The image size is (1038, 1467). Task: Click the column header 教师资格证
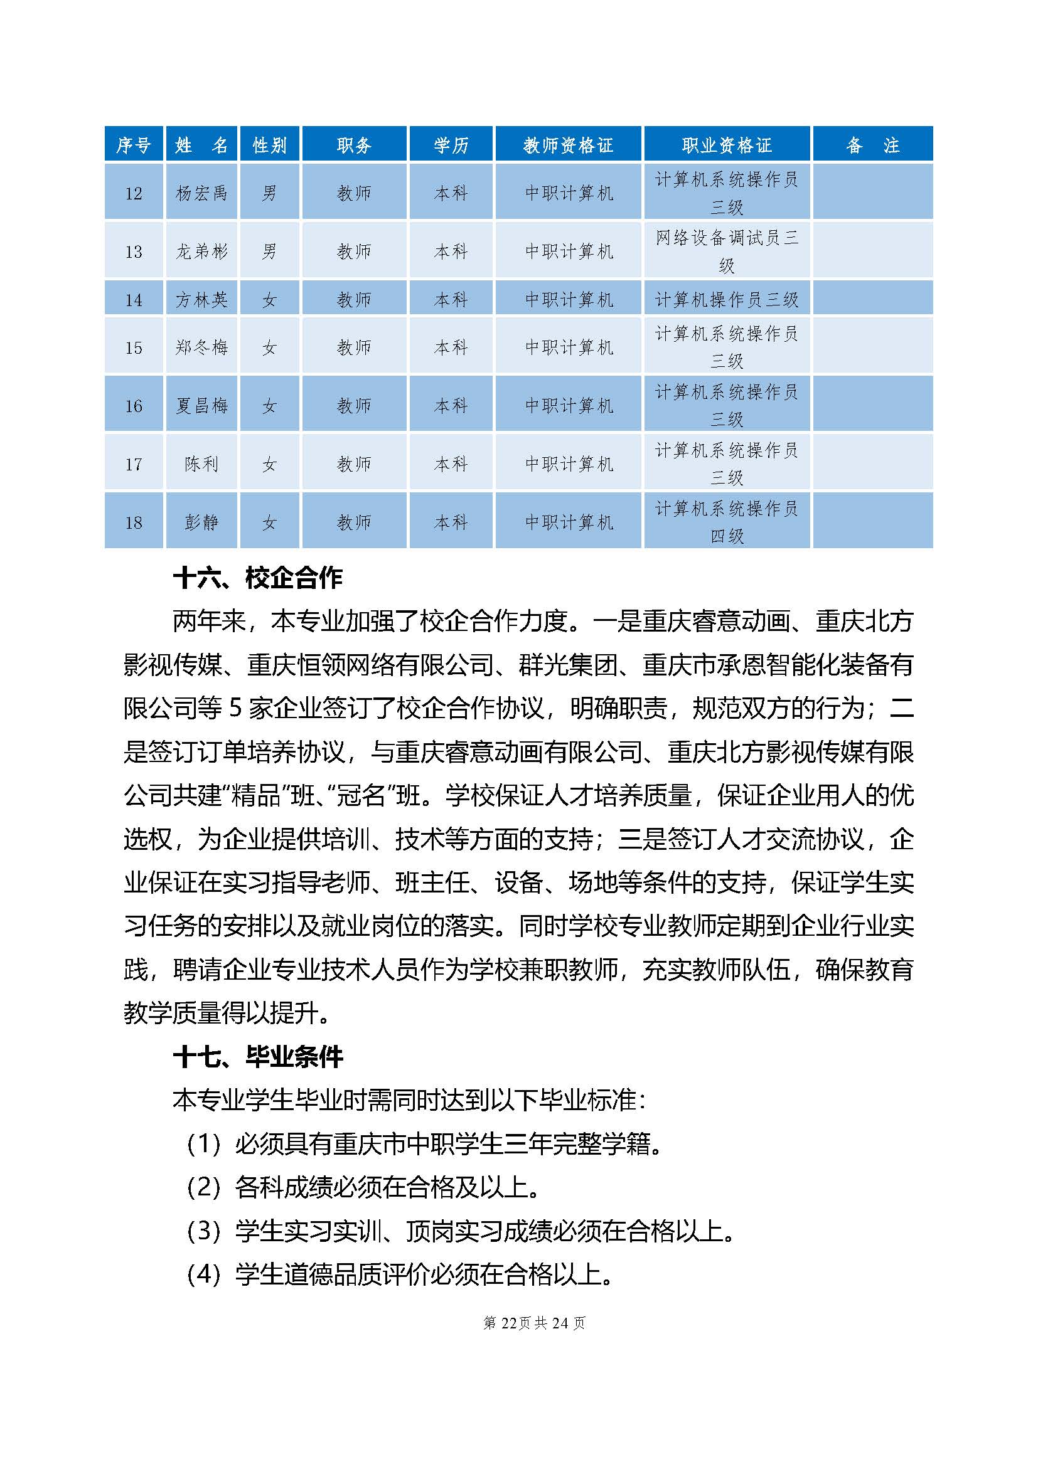(567, 145)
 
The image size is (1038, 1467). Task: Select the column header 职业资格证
(727, 145)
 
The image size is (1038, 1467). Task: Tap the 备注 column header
(872, 145)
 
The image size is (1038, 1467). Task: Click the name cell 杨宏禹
(201, 193)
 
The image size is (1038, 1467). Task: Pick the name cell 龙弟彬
(201, 251)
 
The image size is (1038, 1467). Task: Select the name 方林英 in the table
(201, 299)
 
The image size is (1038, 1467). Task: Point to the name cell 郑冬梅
(201, 347)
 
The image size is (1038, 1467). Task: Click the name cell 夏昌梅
(201, 405)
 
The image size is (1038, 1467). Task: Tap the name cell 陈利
(201, 463)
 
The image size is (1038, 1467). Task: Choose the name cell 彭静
(201, 522)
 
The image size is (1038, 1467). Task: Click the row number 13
(134, 251)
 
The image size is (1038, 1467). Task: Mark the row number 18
(134, 522)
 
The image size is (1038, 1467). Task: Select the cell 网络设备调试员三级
(727, 251)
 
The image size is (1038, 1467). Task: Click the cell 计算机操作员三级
(727, 299)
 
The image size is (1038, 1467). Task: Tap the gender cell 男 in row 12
(269, 193)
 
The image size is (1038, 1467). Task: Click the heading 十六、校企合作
(257, 578)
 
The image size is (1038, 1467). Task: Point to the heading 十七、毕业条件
(257, 1057)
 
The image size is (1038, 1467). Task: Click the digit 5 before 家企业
(235, 708)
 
